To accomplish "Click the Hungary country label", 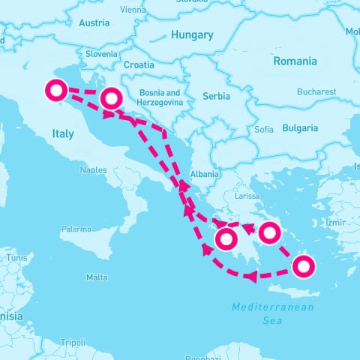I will pos(192,34).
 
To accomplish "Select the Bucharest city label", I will pos(316,91).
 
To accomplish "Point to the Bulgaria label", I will pos(300,128).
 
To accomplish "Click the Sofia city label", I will pos(264,130).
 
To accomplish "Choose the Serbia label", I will pos(217,96).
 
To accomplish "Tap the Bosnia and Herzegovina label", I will pos(160,97).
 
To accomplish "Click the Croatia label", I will pos(139,65).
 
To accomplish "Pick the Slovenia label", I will pos(101,54).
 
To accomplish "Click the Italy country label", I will pos(63,133).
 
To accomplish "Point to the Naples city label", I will pos(94,170).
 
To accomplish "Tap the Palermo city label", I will pos(76,229).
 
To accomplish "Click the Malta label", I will pos(97,277).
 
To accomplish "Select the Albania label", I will pos(205,174).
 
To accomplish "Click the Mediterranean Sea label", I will pos(273,313).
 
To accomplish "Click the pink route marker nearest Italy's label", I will pos(55,91).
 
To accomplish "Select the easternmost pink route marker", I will pos(303,266).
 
